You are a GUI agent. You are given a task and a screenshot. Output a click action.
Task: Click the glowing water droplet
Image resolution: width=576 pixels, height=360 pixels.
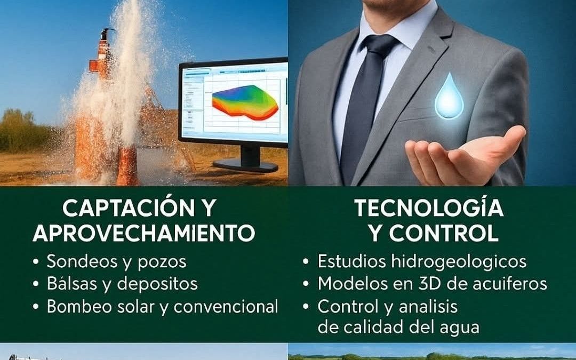pyautogui.click(x=449, y=98)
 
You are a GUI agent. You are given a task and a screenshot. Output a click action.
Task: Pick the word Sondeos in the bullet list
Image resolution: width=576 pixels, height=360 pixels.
pyautogui.click(x=81, y=261)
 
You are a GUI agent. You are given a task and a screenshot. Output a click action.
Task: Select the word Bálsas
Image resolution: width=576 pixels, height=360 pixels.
pyautogui.click(x=71, y=284)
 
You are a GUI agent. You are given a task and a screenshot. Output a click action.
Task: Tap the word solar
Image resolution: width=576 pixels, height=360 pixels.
pyautogui.click(x=146, y=307)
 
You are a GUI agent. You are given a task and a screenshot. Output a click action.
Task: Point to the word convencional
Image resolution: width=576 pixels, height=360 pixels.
pyautogui.click(x=226, y=307)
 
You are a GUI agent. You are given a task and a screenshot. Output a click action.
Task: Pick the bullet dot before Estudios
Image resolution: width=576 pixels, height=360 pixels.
pyautogui.click(x=306, y=262)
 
